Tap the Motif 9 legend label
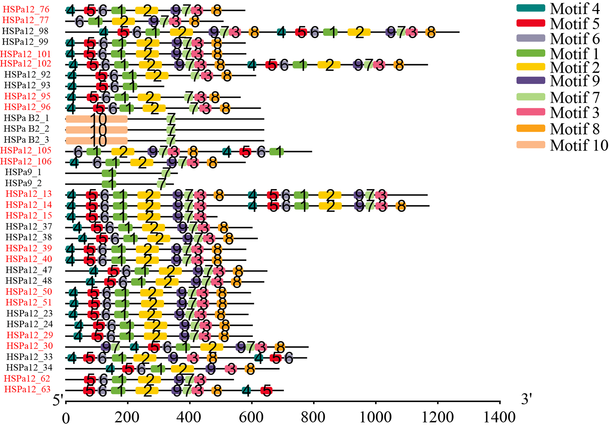tap(575, 81)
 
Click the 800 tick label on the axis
tap(313, 417)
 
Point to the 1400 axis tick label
tap(499, 417)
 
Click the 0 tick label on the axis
tap(66, 418)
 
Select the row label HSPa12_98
tap(25, 31)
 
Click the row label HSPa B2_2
tap(26, 129)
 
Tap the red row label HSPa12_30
tap(30, 346)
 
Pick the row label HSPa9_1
tap(23, 172)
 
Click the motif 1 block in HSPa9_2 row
tap(109, 184)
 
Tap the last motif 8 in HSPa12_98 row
tap(430, 33)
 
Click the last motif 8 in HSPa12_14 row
tap(401, 206)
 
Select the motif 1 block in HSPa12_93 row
tap(130, 86)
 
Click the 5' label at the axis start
tap(58, 400)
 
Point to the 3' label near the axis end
tap(526, 399)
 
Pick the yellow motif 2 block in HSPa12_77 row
tap(123, 21)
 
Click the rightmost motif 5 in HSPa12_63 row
tap(266, 391)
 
